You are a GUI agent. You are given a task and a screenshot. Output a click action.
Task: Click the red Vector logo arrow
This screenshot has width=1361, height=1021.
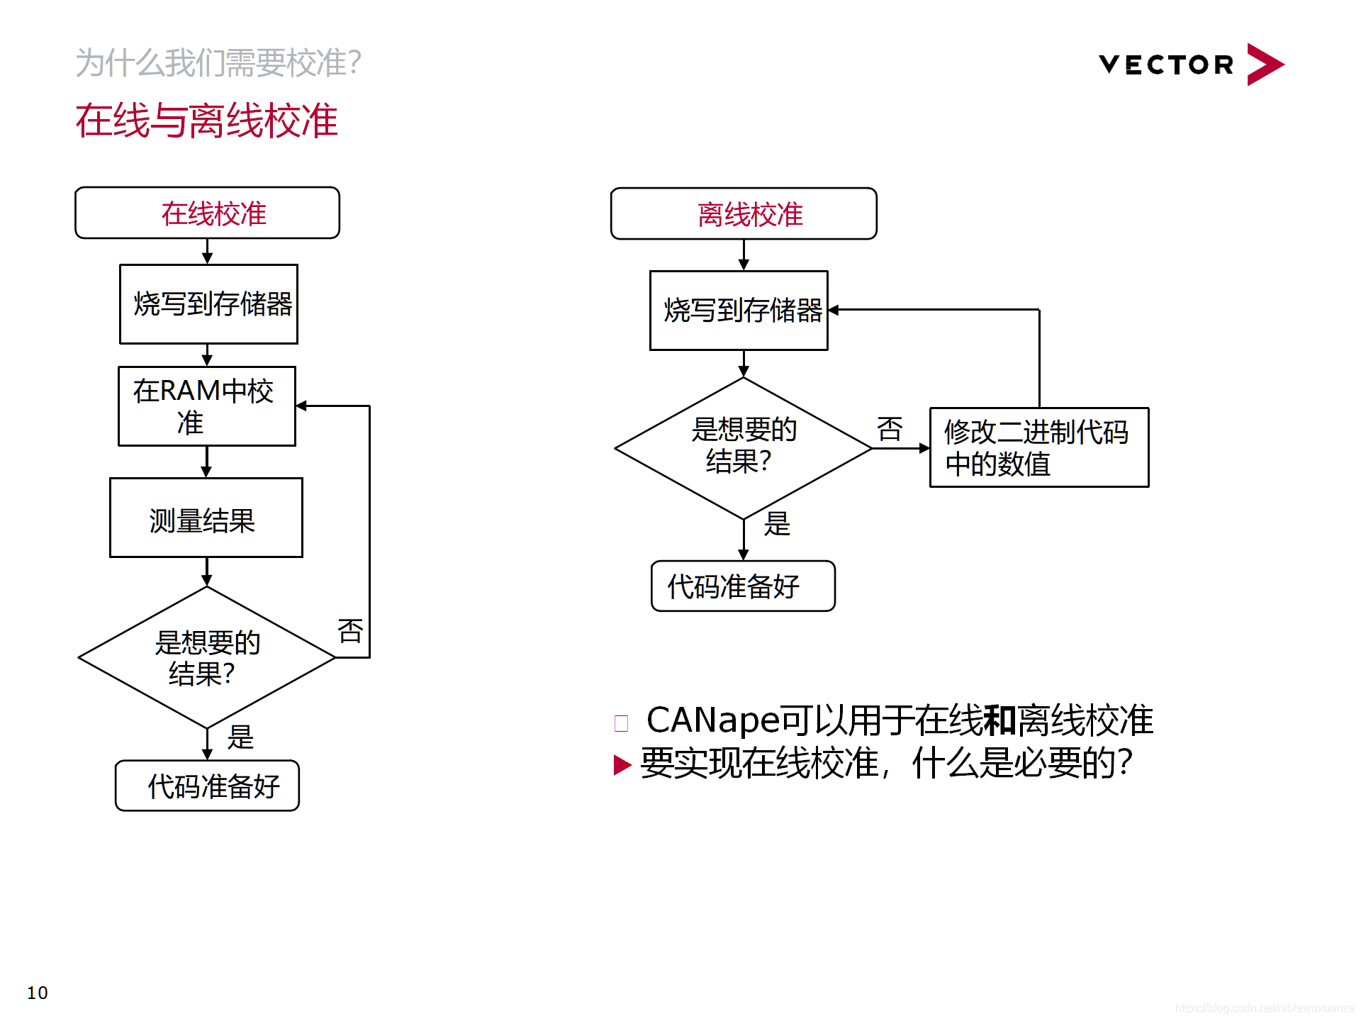tap(1264, 65)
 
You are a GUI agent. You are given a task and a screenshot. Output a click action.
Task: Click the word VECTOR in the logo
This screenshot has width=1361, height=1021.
tap(1166, 65)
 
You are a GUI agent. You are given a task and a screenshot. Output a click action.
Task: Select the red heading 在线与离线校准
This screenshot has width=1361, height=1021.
tap(206, 120)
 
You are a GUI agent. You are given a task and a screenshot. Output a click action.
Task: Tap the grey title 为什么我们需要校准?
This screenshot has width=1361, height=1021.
tap(218, 62)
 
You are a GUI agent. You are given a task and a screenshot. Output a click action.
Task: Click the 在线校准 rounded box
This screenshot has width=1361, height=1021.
tap(207, 213)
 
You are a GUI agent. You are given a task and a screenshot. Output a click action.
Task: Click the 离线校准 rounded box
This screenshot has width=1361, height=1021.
tap(744, 213)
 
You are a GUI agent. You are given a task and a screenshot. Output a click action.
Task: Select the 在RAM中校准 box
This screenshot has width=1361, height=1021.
tap(206, 406)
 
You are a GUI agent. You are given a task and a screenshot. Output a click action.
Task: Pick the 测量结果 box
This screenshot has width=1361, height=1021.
tap(206, 518)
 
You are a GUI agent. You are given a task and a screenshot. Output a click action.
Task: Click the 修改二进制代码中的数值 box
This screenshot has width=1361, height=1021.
tap(1038, 447)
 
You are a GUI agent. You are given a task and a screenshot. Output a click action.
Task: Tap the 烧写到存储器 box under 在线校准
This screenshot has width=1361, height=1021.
tap(208, 304)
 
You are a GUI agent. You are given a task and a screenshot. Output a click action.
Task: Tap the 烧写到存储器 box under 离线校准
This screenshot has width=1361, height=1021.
tap(739, 311)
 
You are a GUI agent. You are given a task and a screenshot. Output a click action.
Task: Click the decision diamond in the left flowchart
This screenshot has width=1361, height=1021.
tap(206, 657)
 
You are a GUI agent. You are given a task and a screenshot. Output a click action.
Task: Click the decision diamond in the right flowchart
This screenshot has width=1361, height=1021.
tap(743, 447)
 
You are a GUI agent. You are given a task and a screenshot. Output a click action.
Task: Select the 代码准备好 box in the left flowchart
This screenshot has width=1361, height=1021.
tap(207, 786)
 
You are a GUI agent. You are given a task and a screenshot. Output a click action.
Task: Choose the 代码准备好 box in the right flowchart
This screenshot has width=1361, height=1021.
tap(743, 586)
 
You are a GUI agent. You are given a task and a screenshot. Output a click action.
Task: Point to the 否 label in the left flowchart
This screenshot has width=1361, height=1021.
tap(350, 630)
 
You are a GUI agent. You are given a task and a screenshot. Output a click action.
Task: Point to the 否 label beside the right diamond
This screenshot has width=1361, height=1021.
tap(889, 428)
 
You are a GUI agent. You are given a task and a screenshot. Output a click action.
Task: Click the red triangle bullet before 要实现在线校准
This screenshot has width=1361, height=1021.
tap(622, 764)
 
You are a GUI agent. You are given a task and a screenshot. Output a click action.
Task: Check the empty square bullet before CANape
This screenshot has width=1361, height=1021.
tap(621, 723)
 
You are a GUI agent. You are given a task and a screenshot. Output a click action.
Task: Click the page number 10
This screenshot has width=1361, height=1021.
tap(38, 993)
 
